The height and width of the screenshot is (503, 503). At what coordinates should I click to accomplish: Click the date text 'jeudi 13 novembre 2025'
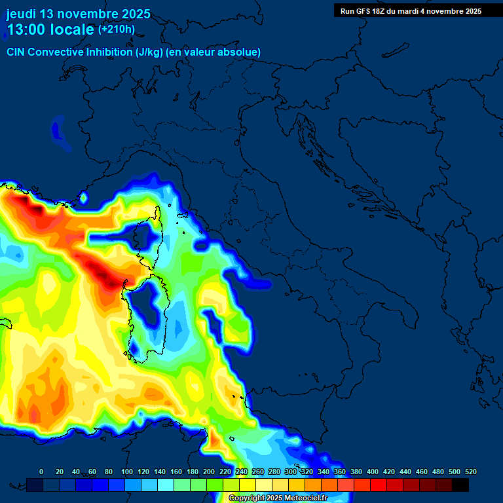click(78, 14)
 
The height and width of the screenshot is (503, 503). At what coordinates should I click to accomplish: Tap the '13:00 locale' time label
click(50, 29)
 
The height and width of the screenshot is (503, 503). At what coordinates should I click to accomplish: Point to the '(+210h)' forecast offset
click(116, 29)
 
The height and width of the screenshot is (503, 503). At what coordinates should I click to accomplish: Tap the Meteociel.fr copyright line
click(277, 498)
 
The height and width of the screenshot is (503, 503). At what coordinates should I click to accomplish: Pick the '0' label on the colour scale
click(41, 472)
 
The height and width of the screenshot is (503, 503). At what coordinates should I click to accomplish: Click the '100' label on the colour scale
click(126, 472)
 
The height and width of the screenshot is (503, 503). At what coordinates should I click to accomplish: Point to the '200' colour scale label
click(209, 472)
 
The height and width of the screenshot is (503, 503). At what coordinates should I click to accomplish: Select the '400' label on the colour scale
click(373, 472)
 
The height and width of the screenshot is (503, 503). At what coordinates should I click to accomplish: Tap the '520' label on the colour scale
click(471, 472)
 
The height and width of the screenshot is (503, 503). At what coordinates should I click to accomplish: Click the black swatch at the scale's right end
click(460, 485)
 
